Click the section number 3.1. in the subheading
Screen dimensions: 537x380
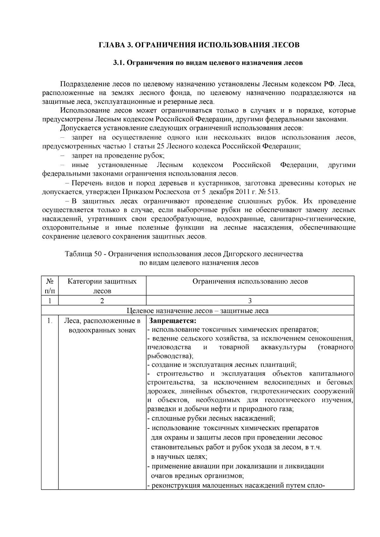pyautogui.click(x=120, y=63)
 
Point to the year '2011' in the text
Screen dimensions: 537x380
pyautogui.click(x=242, y=192)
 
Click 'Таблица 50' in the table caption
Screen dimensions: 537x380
pyautogui.click(x=83, y=254)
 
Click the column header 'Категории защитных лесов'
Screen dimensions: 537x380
pyautogui.click(x=102, y=286)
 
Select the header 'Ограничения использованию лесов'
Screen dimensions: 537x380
pyautogui.click(x=250, y=281)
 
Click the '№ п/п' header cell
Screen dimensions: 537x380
pyautogui.click(x=50, y=286)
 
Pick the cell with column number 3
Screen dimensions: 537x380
pyautogui.click(x=250, y=301)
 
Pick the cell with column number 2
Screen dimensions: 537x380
pyautogui.click(x=102, y=301)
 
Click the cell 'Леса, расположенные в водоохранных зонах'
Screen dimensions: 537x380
pyautogui.click(x=102, y=325)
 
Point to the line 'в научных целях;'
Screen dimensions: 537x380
pyautogui.click(x=179, y=457)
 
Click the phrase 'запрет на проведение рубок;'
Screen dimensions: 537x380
pyautogui.click(x=118, y=156)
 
